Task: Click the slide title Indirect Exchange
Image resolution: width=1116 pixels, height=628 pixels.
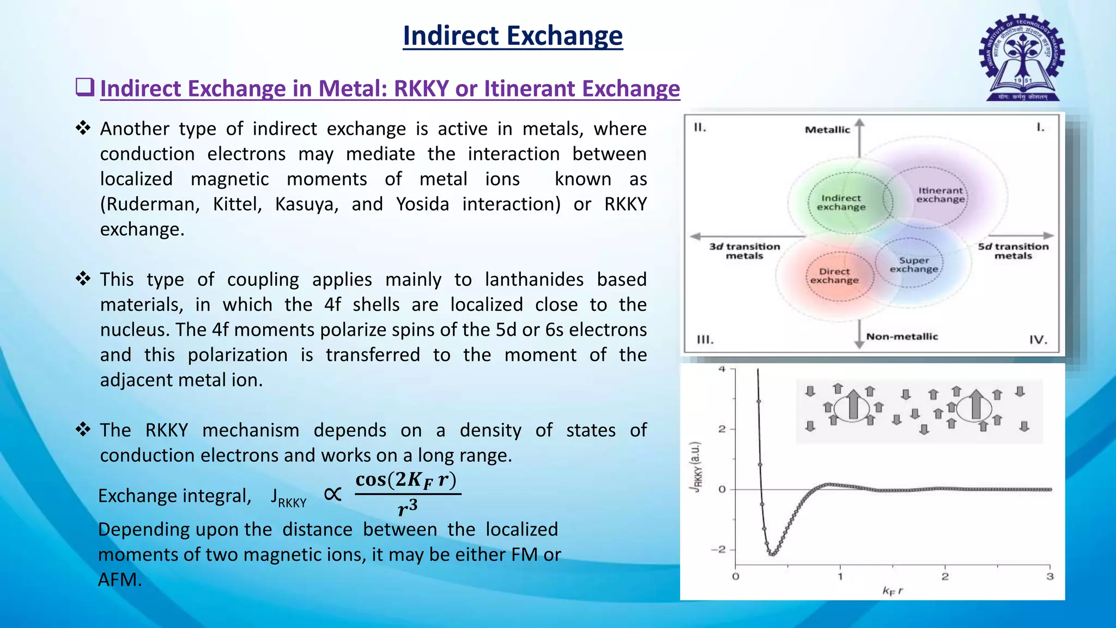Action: click(512, 36)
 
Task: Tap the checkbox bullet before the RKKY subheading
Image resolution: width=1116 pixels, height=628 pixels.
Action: click(84, 87)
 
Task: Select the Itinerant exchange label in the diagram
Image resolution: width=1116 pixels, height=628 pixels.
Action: click(940, 195)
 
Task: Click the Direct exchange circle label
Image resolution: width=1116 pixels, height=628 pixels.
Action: click(834, 276)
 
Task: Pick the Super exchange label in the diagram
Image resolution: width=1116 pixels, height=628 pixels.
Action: click(914, 265)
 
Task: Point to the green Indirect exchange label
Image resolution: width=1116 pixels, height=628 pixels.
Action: click(841, 202)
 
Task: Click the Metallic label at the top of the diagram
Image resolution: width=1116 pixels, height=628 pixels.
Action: click(827, 130)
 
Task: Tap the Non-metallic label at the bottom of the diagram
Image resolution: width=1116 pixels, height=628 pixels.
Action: click(902, 337)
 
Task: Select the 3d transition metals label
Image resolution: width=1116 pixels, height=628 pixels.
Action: click(744, 251)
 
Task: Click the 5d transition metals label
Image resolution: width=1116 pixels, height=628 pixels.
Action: click(1013, 251)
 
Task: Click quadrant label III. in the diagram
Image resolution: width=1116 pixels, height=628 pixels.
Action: click(705, 340)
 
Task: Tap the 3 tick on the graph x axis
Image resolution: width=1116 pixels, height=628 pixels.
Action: click(1050, 577)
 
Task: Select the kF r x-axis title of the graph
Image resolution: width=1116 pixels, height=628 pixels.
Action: click(892, 591)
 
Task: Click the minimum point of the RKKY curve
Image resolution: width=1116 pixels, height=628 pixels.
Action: click(772, 554)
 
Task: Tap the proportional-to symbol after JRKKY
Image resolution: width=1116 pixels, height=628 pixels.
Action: click(332, 494)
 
